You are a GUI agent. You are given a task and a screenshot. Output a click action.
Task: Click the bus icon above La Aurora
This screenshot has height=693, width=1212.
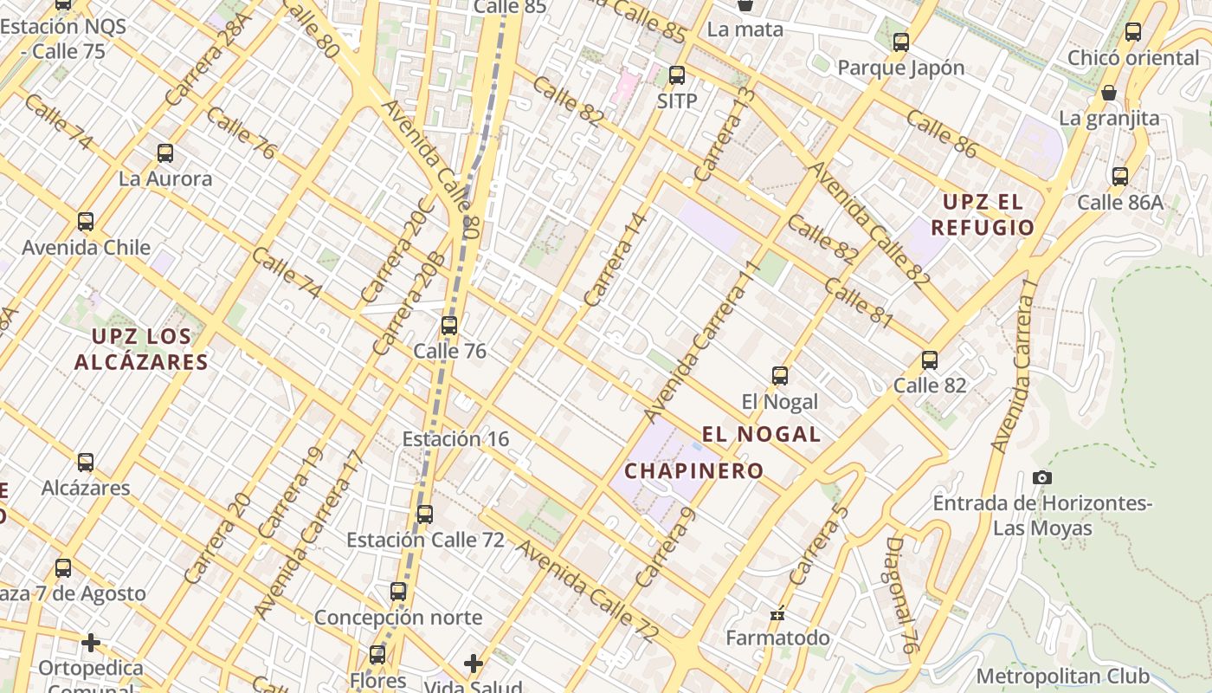(165, 153)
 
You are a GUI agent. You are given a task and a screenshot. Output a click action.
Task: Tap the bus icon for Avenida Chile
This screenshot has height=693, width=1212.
(86, 221)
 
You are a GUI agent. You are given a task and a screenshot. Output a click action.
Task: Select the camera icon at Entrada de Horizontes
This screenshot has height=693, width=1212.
(1042, 477)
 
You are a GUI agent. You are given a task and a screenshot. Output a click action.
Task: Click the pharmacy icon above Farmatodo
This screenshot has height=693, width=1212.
(777, 613)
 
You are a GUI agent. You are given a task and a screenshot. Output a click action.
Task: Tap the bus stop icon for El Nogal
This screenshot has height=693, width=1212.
(780, 375)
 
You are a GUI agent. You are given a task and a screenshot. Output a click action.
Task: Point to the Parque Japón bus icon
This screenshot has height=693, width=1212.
(901, 42)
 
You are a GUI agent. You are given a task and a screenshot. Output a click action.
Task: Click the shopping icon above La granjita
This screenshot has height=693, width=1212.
(1109, 92)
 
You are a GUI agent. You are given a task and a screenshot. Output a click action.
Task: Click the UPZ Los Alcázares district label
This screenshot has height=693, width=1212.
(141, 348)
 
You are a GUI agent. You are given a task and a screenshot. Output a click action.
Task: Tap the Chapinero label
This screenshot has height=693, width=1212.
(694, 471)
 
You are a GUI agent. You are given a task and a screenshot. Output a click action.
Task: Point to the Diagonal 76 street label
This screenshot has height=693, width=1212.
(901, 594)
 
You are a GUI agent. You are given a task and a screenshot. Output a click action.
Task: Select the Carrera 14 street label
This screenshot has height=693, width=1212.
(615, 260)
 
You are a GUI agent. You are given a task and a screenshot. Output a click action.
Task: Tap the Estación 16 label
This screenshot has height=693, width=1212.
(455, 439)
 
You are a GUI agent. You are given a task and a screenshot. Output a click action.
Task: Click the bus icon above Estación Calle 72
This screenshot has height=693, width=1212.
(424, 514)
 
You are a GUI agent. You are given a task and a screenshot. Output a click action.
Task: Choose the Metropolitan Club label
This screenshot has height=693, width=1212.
(1063, 676)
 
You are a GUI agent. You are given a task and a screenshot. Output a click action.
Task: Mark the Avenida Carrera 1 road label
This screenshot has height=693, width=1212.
(1015, 373)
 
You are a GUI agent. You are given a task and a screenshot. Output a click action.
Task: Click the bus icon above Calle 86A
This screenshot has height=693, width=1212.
(1120, 177)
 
